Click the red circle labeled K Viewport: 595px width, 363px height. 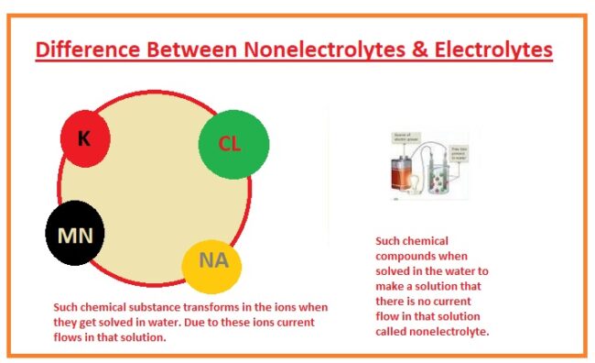coord(85,139)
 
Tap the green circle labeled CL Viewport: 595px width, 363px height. coord(233,144)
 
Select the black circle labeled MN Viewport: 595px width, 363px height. coord(75,235)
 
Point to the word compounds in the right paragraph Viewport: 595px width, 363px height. coord(407,257)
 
